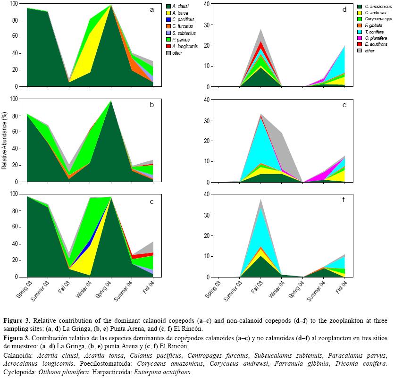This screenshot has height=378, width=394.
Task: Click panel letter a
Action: coord(151,9)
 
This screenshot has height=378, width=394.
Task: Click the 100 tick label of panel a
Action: coord(13,4)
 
